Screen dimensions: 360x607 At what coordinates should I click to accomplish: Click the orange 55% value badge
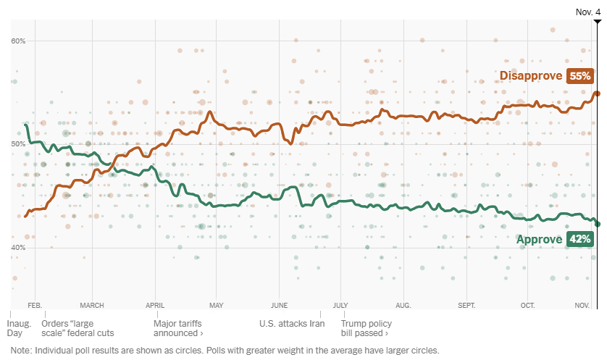tap(581, 76)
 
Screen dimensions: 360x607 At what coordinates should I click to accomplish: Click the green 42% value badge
tap(579, 240)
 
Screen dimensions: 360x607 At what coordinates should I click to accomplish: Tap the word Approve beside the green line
tap(539, 240)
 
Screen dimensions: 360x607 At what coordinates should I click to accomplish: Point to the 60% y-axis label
tap(18, 41)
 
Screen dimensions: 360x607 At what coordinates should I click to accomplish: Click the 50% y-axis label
tap(18, 144)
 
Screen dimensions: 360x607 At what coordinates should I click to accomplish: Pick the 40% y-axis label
tap(18, 248)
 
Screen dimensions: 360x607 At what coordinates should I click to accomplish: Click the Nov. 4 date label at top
tap(587, 12)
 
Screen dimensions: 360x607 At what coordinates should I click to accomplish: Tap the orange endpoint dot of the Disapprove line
tap(597, 93)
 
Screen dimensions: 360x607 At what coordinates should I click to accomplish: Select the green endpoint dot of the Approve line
tap(597, 224)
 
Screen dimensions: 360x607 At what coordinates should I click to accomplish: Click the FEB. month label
tap(34, 305)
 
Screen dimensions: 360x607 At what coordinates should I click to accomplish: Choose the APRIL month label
tap(154, 305)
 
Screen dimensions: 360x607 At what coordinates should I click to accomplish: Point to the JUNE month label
tap(279, 305)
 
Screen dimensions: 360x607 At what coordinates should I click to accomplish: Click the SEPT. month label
tap(467, 305)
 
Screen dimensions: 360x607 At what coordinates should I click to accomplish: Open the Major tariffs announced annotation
tap(178, 328)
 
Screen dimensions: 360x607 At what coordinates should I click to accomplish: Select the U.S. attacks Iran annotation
tap(292, 324)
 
